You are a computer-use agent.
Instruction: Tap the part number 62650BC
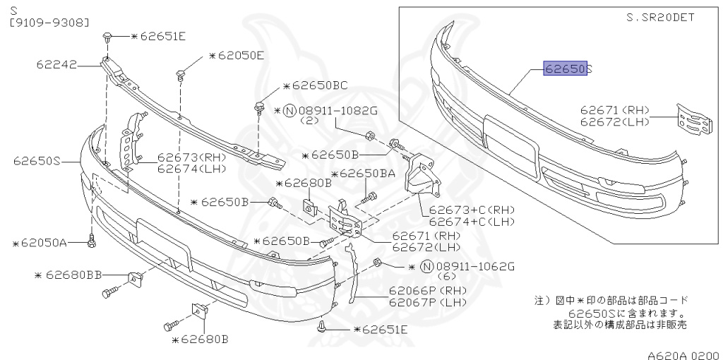tap(319, 86)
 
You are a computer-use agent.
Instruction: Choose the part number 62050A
tap(44, 243)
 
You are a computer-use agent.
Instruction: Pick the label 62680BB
tap(73, 275)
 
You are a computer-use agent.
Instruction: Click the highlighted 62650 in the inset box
tap(565, 69)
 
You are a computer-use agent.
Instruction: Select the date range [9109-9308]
tap(49, 23)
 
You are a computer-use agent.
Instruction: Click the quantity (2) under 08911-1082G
tap(311, 121)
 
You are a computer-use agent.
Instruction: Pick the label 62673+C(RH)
tap(472, 210)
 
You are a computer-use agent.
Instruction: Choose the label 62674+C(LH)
tap(472, 221)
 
